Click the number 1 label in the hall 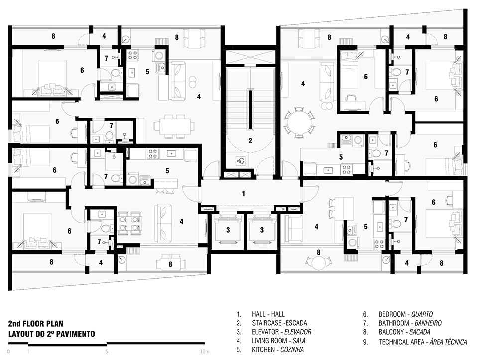click(x=243, y=194)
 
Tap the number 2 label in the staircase click(x=250, y=141)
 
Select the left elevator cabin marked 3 click(x=228, y=230)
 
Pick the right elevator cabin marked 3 click(x=262, y=230)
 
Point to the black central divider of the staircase click(x=250, y=109)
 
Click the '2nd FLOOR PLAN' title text click(x=36, y=324)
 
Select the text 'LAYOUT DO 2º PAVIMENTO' click(x=51, y=334)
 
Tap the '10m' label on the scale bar click(x=205, y=352)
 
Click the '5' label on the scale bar click(x=107, y=352)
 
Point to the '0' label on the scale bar click(x=8, y=352)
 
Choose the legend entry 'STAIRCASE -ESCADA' click(x=279, y=323)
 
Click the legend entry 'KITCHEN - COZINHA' click(x=278, y=350)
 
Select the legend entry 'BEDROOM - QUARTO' click(x=406, y=314)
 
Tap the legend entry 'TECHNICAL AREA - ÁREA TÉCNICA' click(x=423, y=342)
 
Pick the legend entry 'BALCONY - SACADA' click(x=404, y=332)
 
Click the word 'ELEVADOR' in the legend click(x=298, y=332)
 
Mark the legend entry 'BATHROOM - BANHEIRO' click(x=410, y=323)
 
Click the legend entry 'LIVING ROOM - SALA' click(x=279, y=341)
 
